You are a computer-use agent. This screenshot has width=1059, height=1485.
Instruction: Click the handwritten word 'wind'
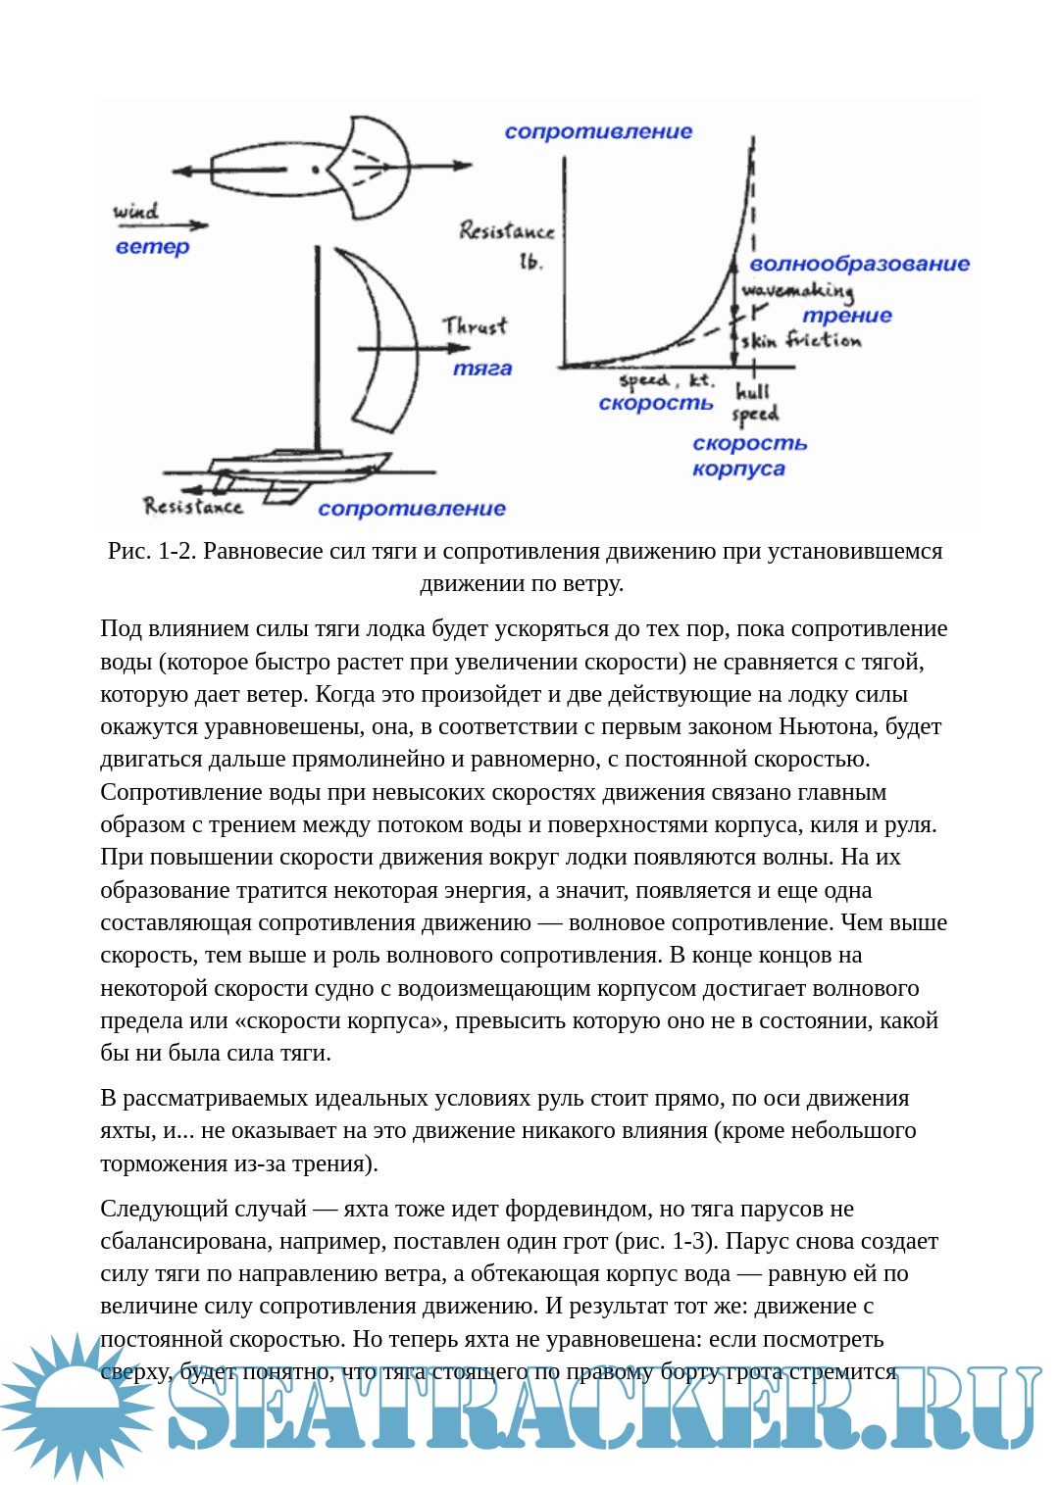click(135, 210)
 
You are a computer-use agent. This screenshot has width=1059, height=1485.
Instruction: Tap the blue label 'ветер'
click(152, 246)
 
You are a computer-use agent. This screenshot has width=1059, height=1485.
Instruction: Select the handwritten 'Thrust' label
click(475, 325)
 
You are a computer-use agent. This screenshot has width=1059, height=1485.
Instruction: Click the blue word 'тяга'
click(482, 369)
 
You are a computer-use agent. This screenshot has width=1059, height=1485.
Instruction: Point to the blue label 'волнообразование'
click(859, 264)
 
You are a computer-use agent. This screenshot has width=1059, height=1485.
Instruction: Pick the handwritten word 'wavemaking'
click(797, 290)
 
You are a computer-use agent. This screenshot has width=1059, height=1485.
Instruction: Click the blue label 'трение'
click(847, 316)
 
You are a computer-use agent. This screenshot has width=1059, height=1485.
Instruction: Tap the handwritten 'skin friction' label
click(801, 340)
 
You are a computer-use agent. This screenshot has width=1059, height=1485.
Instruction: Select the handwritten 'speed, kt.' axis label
click(667, 380)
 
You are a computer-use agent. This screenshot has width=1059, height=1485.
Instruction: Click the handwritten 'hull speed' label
click(755, 402)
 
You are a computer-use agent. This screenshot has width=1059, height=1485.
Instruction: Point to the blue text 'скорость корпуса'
click(749, 456)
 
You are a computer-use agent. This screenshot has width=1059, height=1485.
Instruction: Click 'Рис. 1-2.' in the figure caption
click(151, 551)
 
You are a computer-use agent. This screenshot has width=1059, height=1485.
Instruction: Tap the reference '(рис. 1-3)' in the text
click(665, 1241)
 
